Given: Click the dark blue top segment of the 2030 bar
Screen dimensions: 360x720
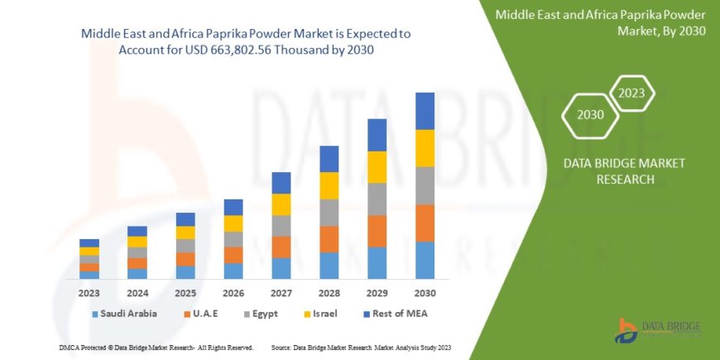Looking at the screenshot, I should pyautogui.click(x=425, y=111).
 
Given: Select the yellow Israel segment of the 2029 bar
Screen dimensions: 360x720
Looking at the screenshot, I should pyautogui.click(x=377, y=167).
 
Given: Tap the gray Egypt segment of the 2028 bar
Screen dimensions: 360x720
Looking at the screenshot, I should pyautogui.click(x=329, y=213).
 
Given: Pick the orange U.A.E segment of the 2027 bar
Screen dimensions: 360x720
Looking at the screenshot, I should pyautogui.click(x=281, y=247).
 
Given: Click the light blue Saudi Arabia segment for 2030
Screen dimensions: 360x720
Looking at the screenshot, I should pyautogui.click(x=425, y=260).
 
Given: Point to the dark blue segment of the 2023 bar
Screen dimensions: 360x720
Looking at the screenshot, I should pyautogui.click(x=89, y=242).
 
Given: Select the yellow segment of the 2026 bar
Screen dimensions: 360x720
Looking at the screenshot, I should pyautogui.click(x=233, y=223).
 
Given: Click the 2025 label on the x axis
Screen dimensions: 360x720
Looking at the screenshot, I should pyautogui.click(x=185, y=293).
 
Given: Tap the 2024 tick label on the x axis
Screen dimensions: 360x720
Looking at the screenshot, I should pyautogui.click(x=137, y=293).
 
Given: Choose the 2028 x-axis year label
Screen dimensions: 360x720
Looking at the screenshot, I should pyautogui.click(x=329, y=293).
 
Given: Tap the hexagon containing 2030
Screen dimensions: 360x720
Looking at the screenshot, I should pyautogui.click(x=590, y=113).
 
